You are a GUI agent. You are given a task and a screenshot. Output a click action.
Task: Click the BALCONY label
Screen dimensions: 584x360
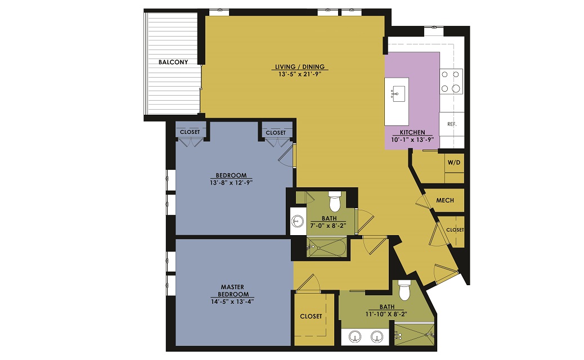(173, 62)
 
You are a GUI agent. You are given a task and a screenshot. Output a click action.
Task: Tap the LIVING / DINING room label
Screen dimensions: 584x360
(300, 67)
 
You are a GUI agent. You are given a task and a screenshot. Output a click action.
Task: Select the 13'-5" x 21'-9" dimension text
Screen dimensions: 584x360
(300, 74)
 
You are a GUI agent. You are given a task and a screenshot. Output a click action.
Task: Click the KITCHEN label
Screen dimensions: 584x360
(412, 132)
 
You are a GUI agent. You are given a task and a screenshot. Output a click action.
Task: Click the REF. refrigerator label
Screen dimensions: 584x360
(452, 124)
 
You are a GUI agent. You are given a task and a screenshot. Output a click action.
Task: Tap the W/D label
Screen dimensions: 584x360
(454, 163)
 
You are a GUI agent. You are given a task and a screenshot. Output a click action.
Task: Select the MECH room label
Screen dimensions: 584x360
(445, 200)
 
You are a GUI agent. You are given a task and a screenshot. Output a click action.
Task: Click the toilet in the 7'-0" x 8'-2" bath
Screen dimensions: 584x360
(334, 201)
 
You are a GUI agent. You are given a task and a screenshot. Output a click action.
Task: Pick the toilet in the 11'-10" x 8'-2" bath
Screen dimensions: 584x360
(404, 290)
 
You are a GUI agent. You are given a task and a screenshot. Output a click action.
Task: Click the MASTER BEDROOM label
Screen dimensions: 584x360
(233, 290)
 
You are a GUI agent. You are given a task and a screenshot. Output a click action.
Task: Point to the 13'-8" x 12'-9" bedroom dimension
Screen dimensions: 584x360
(231, 183)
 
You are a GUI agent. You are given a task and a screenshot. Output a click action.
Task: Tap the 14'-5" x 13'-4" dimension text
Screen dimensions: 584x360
(232, 301)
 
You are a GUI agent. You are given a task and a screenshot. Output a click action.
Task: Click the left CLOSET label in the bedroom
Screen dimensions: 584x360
(190, 132)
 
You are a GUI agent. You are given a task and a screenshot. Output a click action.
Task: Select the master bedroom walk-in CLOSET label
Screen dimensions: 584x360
(311, 317)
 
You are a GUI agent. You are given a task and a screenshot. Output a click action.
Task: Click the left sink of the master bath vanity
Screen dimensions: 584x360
(355, 337)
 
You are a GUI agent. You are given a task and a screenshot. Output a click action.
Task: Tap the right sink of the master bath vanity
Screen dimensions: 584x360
(378, 337)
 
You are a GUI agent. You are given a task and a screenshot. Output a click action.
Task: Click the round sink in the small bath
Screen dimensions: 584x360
(298, 221)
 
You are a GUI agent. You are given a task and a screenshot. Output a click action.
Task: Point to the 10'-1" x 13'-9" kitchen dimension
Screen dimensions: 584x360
(412, 140)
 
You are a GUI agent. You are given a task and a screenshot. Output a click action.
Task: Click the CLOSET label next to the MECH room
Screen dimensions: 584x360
(455, 229)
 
